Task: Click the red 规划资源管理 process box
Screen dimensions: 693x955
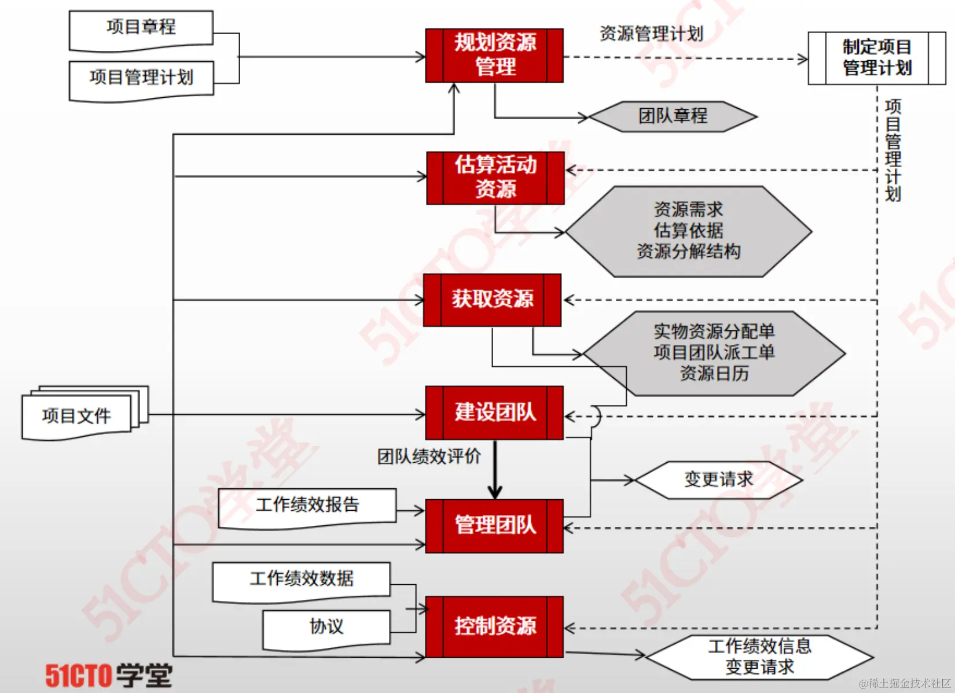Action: click(x=494, y=55)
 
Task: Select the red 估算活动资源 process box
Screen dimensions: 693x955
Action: click(x=495, y=178)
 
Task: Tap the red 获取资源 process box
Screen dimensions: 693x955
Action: click(x=492, y=300)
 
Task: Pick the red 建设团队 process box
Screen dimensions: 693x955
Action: click(x=494, y=412)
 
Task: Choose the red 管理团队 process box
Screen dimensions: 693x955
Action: click(x=494, y=526)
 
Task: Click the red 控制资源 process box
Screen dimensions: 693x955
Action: click(x=494, y=626)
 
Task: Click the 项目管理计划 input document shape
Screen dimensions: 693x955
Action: click(x=141, y=79)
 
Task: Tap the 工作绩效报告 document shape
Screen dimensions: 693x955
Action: click(x=307, y=506)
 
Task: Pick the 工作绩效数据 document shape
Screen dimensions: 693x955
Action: click(x=302, y=580)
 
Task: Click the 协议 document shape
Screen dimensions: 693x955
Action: click(x=326, y=628)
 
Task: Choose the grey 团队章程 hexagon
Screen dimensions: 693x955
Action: click(x=673, y=116)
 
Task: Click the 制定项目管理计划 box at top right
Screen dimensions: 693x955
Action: click(x=876, y=58)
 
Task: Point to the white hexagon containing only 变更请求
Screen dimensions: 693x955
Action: click(x=718, y=480)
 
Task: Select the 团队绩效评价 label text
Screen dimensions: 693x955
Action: click(x=429, y=456)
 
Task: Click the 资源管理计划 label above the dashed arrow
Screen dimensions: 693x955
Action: click(x=651, y=34)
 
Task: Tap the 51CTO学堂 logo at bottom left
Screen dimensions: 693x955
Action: click(x=109, y=675)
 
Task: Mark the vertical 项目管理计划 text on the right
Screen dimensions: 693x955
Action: click(x=892, y=150)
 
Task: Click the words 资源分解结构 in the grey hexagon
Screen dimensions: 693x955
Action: click(x=688, y=252)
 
